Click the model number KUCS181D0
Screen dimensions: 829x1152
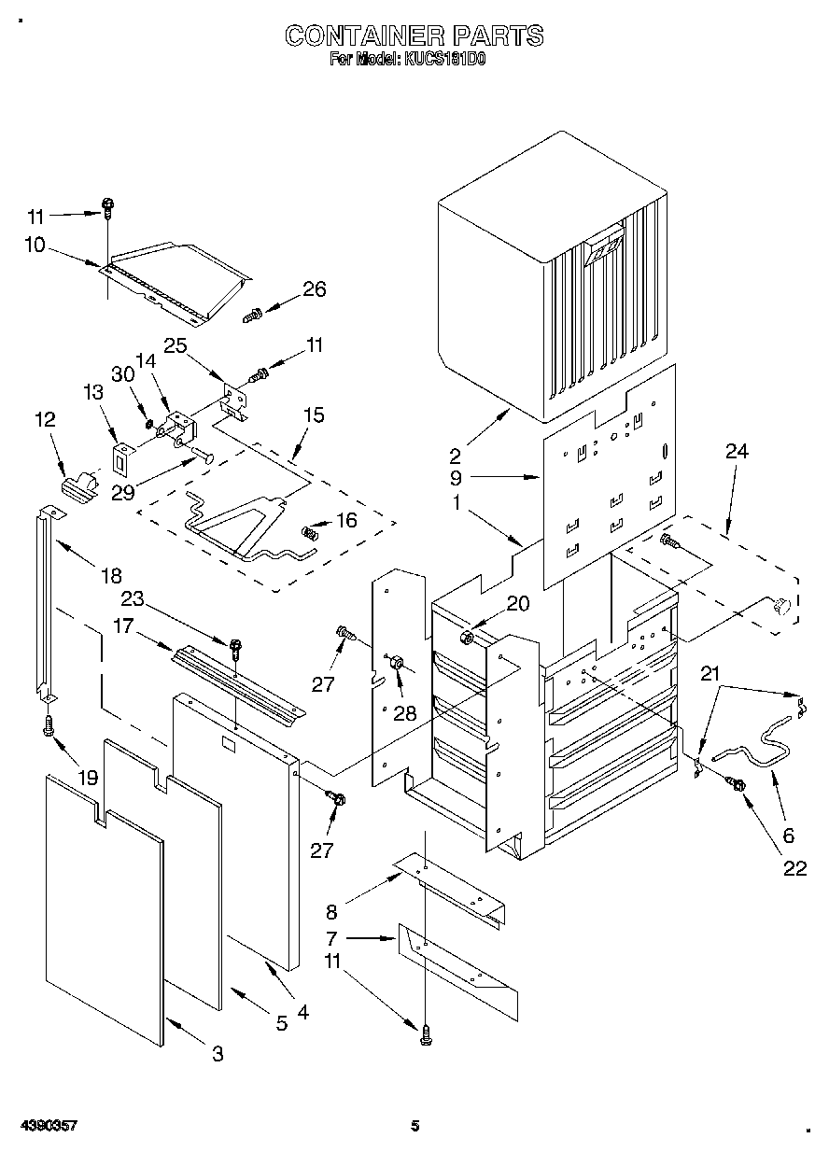click(x=445, y=60)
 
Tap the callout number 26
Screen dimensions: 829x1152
click(x=315, y=289)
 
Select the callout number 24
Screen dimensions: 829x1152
click(x=737, y=452)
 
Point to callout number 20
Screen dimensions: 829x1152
click(x=517, y=603)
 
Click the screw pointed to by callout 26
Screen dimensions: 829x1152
click(x=252, y=315)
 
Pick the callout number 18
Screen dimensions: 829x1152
click(x=112, y=575)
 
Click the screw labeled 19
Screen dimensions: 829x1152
click(x=49, y=724)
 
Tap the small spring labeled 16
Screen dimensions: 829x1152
click(x=310, y=533)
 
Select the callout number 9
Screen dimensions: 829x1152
click(x=457, y=478)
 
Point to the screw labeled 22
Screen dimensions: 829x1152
click(x=736, y=784)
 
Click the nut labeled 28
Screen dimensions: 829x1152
click(x=398, y=662)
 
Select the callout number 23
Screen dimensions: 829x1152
click(x=133, y=598)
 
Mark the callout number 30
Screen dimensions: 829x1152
click(x=123, y=374)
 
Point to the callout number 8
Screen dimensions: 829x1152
click(x=331, y=911)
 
